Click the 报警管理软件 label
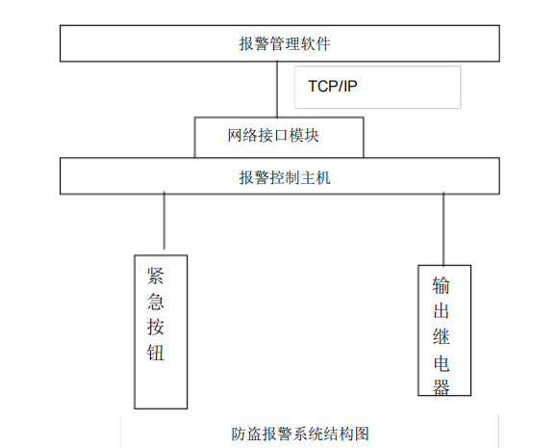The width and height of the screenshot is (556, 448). click(285, 43)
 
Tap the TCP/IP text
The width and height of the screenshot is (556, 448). click(333, 87)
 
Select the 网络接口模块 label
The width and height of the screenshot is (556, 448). click(273, 135)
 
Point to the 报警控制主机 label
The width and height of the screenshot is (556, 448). click(285, 177)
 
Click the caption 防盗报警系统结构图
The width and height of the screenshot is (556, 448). click(300, 434)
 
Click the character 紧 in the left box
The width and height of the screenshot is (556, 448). click(155, 277)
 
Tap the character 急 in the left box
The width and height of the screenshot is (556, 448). click(155, 302)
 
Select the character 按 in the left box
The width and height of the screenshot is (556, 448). click(155, 327)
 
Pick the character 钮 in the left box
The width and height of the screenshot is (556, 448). click(155, 353)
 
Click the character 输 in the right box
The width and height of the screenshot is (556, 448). click(442, 285)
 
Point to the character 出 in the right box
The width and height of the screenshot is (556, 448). click(442, 311)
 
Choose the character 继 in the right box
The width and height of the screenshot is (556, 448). click(442, 337)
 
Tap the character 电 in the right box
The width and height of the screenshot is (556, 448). click(442, 363)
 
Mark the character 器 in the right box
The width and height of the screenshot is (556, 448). click(442, 387)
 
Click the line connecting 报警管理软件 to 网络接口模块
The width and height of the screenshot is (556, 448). click(277, 90)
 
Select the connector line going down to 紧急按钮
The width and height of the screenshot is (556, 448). click(164, 221)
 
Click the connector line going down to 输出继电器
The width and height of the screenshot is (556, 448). click(443, 229)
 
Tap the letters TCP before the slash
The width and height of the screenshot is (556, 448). click(322, 87)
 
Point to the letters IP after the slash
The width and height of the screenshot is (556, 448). click(349, 87)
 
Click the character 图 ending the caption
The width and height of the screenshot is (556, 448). click(362, 434)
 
